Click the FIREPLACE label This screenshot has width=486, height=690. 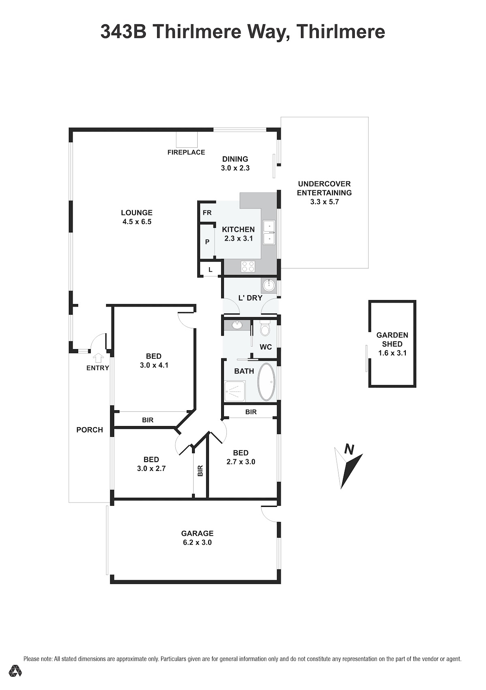(x=186, y=152)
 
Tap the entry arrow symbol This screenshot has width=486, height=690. (x=98, y=358)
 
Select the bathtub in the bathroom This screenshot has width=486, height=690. (x=266, y=382)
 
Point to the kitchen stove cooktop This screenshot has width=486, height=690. (x=248, y=266)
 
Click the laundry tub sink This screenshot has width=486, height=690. (x=269, y=285)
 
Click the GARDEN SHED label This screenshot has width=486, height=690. (x=392, y=339)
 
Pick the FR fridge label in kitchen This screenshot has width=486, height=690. (x=207, y=213)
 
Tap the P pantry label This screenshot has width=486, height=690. (x=207, y=242)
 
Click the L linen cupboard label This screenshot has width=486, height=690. (x=211, y=270)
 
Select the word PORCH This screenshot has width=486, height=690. (x=90, y=430)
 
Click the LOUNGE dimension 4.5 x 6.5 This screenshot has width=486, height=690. (x=137, y=222)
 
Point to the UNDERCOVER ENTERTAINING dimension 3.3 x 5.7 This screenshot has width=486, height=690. (x=324, y=202)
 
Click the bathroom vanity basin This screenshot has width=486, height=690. (x=237, y=325)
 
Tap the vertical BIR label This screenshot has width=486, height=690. (x=200, y=471)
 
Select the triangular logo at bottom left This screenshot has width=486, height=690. (x=15, y=670)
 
